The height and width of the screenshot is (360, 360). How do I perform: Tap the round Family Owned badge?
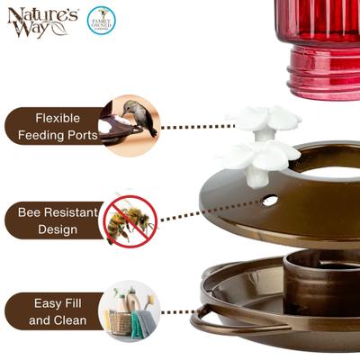(101, 20)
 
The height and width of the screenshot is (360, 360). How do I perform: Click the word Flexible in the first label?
(58, 118)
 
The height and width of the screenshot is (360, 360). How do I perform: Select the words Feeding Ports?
(58, 136)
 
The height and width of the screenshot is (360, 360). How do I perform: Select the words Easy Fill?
(59, 303)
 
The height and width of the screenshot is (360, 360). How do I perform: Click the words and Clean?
(58, 320)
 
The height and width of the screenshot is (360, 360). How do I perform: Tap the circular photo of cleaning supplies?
(129, 311)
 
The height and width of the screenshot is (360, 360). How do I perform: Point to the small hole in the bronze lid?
(269, 200)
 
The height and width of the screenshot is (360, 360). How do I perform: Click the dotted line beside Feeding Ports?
(198, 127)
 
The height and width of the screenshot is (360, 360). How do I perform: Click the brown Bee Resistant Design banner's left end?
(11, 220)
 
